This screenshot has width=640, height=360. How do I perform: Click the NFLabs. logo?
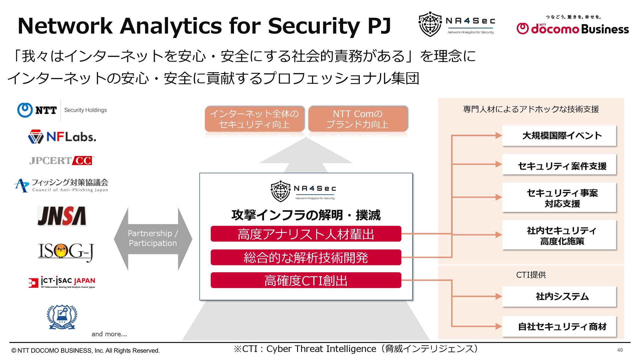[62, 137]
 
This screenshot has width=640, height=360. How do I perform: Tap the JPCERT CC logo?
[62, 161]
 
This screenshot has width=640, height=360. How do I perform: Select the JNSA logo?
[62, 216]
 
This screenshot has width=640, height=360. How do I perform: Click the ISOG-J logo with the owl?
[66, 251]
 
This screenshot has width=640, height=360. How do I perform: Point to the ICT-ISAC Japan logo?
[62, 282]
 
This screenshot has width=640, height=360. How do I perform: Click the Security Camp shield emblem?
[62, 317]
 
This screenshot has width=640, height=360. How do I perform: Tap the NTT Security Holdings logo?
[62, 110]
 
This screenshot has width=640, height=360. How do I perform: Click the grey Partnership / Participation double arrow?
[153, 238]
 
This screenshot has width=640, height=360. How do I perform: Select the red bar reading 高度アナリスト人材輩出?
[306, 234]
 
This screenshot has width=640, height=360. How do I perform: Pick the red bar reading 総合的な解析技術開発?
[306, 257]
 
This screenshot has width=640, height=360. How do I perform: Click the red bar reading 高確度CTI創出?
[306, 280]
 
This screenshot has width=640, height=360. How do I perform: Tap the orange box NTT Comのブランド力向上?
[358, 119]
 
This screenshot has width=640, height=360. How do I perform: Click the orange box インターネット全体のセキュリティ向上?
[254, 119]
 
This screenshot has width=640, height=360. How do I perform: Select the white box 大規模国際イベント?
[559, 136]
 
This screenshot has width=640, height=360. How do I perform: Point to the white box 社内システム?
[559, 296]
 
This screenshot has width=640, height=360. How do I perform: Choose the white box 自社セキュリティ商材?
[559, 326]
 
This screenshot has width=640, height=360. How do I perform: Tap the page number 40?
[620, 350]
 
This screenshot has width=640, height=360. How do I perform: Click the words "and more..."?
[109, 334]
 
